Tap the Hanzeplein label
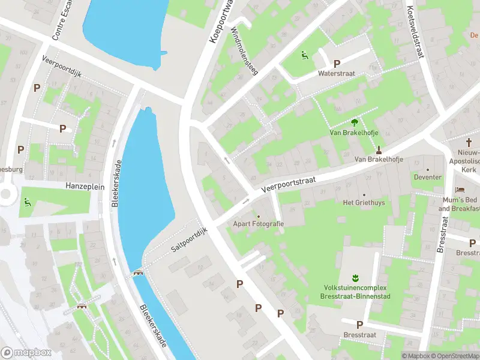(85, 187)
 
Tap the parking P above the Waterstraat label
(337, 64)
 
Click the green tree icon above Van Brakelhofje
(353, 122)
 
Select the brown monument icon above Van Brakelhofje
(379, 149)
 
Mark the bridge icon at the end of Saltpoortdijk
(138, 273)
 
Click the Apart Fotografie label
(259, 223)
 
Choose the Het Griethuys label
(364, 203)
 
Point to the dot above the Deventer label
(428, 169)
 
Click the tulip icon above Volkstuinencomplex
(355, 278)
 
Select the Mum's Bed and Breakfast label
(460, 204)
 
